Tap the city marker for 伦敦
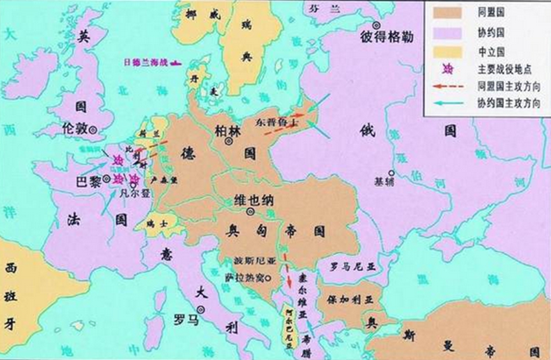(x=93, y=130)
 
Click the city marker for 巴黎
(x=107, y=178)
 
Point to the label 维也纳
(x=254, y=200)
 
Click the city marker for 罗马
(x=202, y=309)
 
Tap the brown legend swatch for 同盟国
(x=447, y=13)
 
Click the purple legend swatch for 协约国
(x=447, y=32)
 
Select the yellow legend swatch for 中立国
(x=447, y=52)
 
